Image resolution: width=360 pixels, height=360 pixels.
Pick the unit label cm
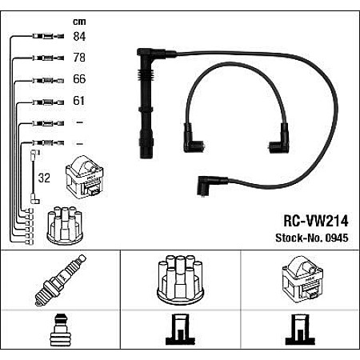[78, 22]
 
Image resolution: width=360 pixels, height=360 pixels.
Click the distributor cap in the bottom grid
[180, 281]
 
